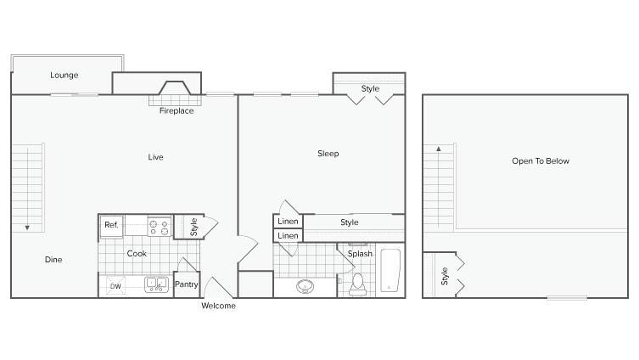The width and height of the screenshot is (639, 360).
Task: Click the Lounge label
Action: click(x=64, y=75)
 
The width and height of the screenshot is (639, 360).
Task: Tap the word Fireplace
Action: click(x=177, y=110)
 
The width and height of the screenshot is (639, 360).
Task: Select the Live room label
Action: click(x=155, y=157)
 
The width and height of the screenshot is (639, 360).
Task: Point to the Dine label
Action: click(x=53, y=259)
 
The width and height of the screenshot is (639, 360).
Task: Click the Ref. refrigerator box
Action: click(x=112, y=226)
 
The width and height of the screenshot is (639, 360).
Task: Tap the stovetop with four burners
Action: click(x=159, y=227)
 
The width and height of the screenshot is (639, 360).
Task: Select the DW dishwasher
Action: click(x=115, y=285)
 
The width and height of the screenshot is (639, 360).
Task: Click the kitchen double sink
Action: click(x=156, y=284)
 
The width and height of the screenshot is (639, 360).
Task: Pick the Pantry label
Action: click(x=186, y=284)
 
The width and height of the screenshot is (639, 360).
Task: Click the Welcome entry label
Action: click(x=218, y=306)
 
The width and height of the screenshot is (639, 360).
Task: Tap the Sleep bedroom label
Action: click(x=328, y=154)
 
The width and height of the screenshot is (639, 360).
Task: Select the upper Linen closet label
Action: click(x=288, y=221)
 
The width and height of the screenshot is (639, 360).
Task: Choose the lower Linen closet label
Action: click(x=288, y=236)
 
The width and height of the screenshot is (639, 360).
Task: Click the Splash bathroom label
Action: click(x=360, y=254)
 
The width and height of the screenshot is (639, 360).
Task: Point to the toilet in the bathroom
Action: click(x=357, y=284)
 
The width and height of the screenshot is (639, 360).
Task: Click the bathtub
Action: click(x=390, y=270)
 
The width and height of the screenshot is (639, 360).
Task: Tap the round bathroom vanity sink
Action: click(x=305, y=286)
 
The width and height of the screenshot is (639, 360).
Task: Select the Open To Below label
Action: click(x=541, y=161)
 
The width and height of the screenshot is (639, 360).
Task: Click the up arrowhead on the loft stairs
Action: click(x=439, y=149)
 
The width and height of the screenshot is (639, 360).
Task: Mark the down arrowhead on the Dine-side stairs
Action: click(x=27, y=228)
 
